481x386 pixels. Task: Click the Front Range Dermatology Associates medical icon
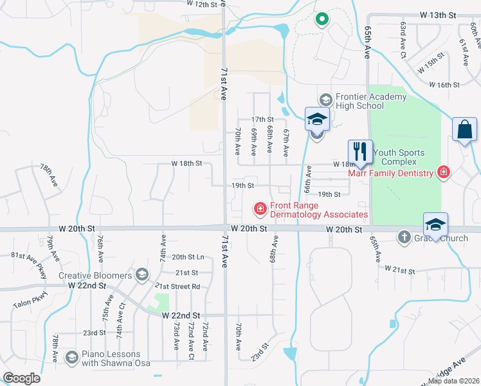click(260, 208)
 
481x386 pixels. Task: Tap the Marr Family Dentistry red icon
click(442, 172)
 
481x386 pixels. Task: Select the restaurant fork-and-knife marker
click(360, 152)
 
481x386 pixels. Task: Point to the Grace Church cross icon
click(404, 236)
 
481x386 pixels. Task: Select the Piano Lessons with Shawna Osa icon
click(71, 357)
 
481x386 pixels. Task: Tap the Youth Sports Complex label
click(399, 157)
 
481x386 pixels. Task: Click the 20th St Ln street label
click(188, 257)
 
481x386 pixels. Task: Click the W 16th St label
click(444, 85)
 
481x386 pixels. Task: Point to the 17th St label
click(262, 120)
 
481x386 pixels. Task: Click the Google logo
click(21, 378)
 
